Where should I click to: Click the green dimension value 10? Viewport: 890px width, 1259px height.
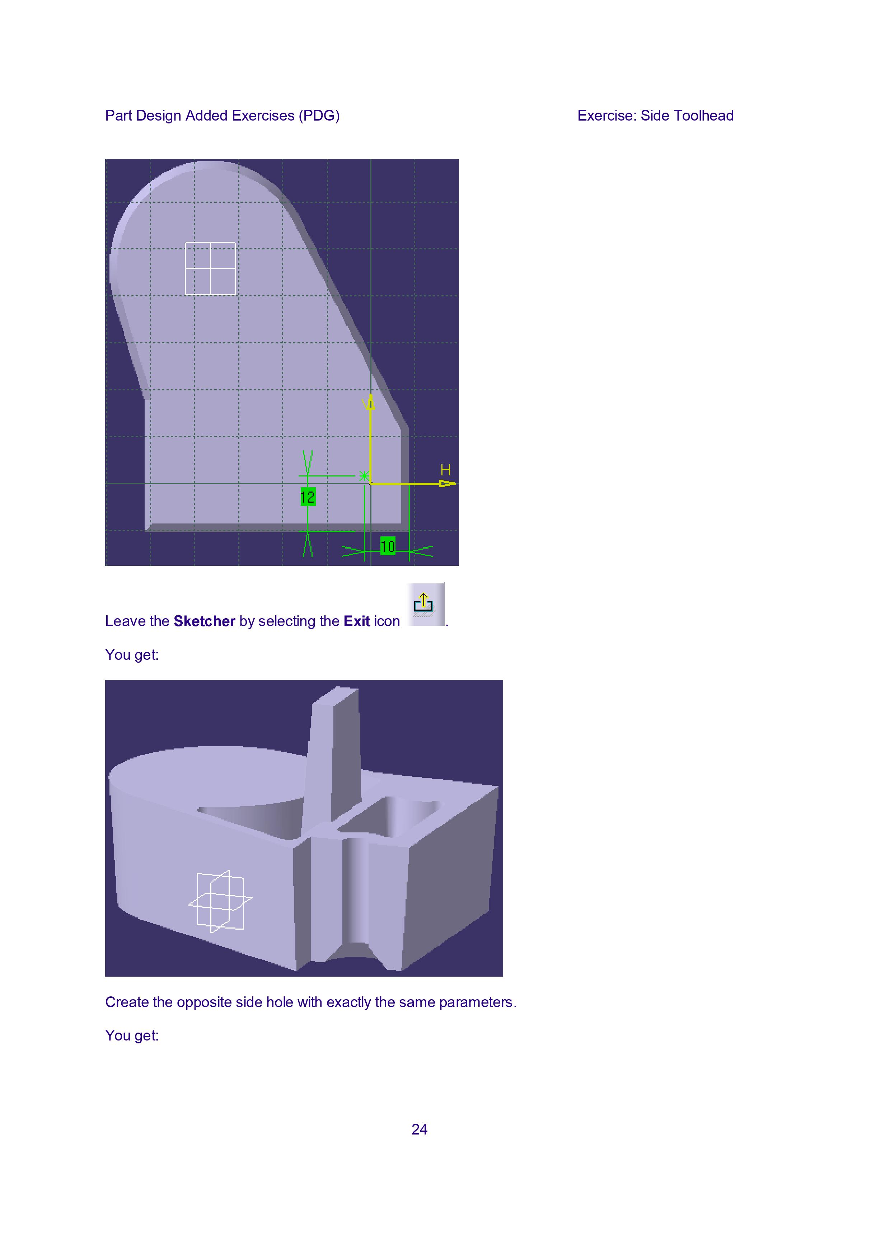(x=388, y=546)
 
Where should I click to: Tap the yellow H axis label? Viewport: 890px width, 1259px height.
(x=445, y=470)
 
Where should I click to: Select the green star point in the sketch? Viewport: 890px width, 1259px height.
(x=364, y=476)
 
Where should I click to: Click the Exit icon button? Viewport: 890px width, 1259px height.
(x=426, y=604)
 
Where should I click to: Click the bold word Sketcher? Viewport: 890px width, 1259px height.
(x=205, y=621)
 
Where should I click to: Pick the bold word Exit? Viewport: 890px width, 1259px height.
(x=357, y=621)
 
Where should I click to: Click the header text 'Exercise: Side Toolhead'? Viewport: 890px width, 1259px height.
(x=655, y=116)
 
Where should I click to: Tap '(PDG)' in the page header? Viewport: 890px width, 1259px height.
(x=319, y=116)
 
